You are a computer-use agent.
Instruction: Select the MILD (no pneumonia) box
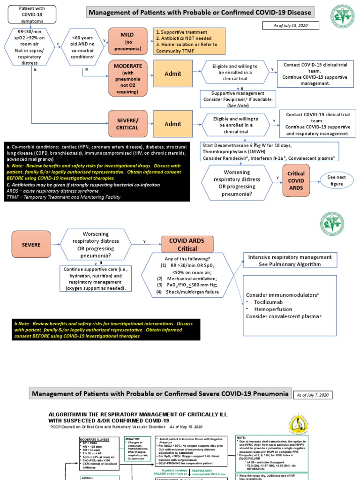click(127, 41)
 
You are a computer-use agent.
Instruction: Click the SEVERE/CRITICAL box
click(127, 123)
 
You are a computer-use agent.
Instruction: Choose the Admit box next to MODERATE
click(172, 74)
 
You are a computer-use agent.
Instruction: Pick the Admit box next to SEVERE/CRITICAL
click(172, 123)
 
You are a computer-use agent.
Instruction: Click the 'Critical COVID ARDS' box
click(295, 180)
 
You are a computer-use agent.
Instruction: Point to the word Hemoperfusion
click(273, 309)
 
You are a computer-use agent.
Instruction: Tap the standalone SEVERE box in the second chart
click(31, 245)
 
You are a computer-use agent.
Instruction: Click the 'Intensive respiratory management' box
click(290, 261)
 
